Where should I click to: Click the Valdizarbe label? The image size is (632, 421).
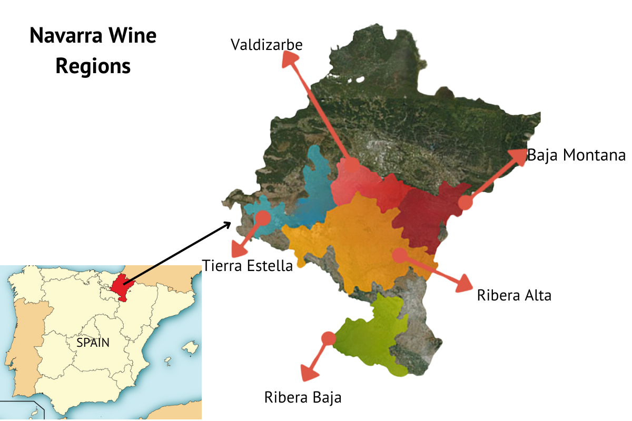point(266,45)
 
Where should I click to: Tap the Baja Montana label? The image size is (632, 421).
point(576,156)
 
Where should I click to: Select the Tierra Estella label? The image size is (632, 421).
point(248,266)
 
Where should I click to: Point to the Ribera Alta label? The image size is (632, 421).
point(514,295)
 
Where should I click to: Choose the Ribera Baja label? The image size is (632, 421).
point(303,397)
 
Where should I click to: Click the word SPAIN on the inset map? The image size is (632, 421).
point(93,343)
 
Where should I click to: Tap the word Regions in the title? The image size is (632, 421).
point(93,67)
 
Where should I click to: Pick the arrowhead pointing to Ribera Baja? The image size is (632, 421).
point(309,372)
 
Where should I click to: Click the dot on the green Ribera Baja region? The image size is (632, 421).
point(328,338)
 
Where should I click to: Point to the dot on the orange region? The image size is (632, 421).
point(399,255)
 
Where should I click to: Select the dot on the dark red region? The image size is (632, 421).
point(465,203)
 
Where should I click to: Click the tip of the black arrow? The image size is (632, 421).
point(230,223)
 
